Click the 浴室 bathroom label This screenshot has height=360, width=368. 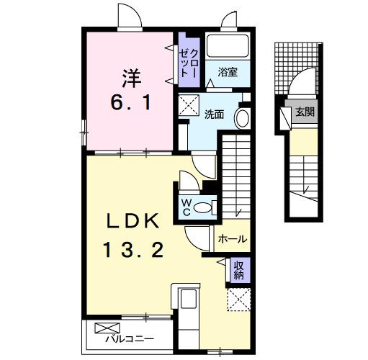coord(228,72)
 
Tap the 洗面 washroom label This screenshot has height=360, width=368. coord(213,114)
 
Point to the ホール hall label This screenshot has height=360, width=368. coord(232,239)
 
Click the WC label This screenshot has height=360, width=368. coord(185,206)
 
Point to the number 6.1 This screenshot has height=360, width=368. coord(130,103)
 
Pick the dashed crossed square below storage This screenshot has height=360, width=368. coord(238,297)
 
